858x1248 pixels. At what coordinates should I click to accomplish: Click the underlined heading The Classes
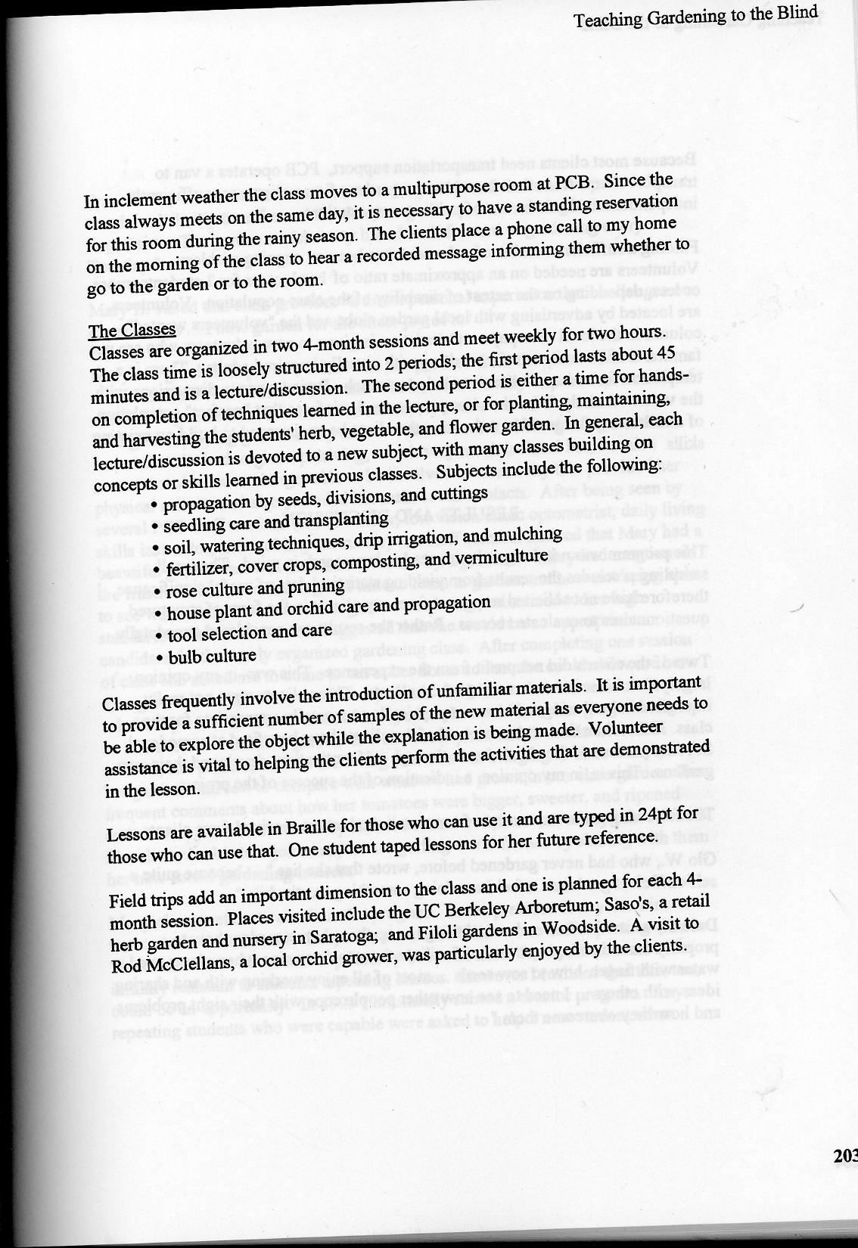132,331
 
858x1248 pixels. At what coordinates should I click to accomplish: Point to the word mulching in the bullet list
527,534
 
